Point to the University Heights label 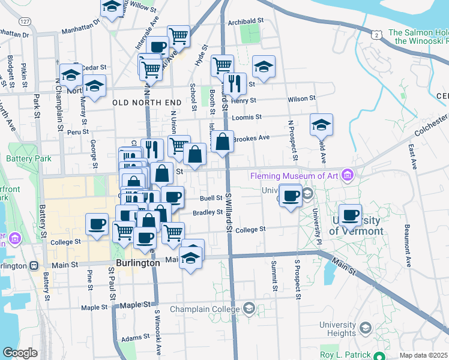point(337,329)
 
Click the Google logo point(20,353)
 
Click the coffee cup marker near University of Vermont point(350,215)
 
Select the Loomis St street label point(251,117)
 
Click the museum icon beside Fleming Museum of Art point(346,176)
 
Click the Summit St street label point(274,276)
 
